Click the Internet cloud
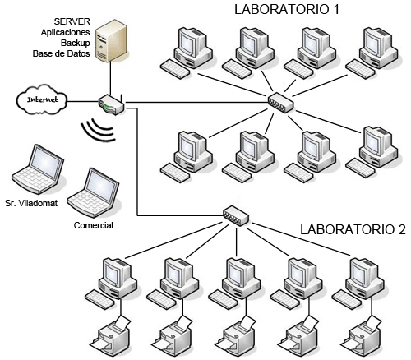tap(42, 99)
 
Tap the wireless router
tap(112, 104)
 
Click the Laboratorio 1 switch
tap(280, 103)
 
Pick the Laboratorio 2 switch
tap(236, 215)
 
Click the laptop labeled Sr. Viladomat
tap(38, 169)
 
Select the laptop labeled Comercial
tap(93, 193)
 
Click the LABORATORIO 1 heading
tap(287, 9)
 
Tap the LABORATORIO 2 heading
tap(353, 229)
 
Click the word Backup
tap(76, 43)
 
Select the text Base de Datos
tap(62, 53)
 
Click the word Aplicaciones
tap(66, 32)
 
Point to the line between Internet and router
tap(83, 102)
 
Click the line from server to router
tap(110, 78)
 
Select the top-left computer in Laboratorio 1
tap(187, 52)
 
